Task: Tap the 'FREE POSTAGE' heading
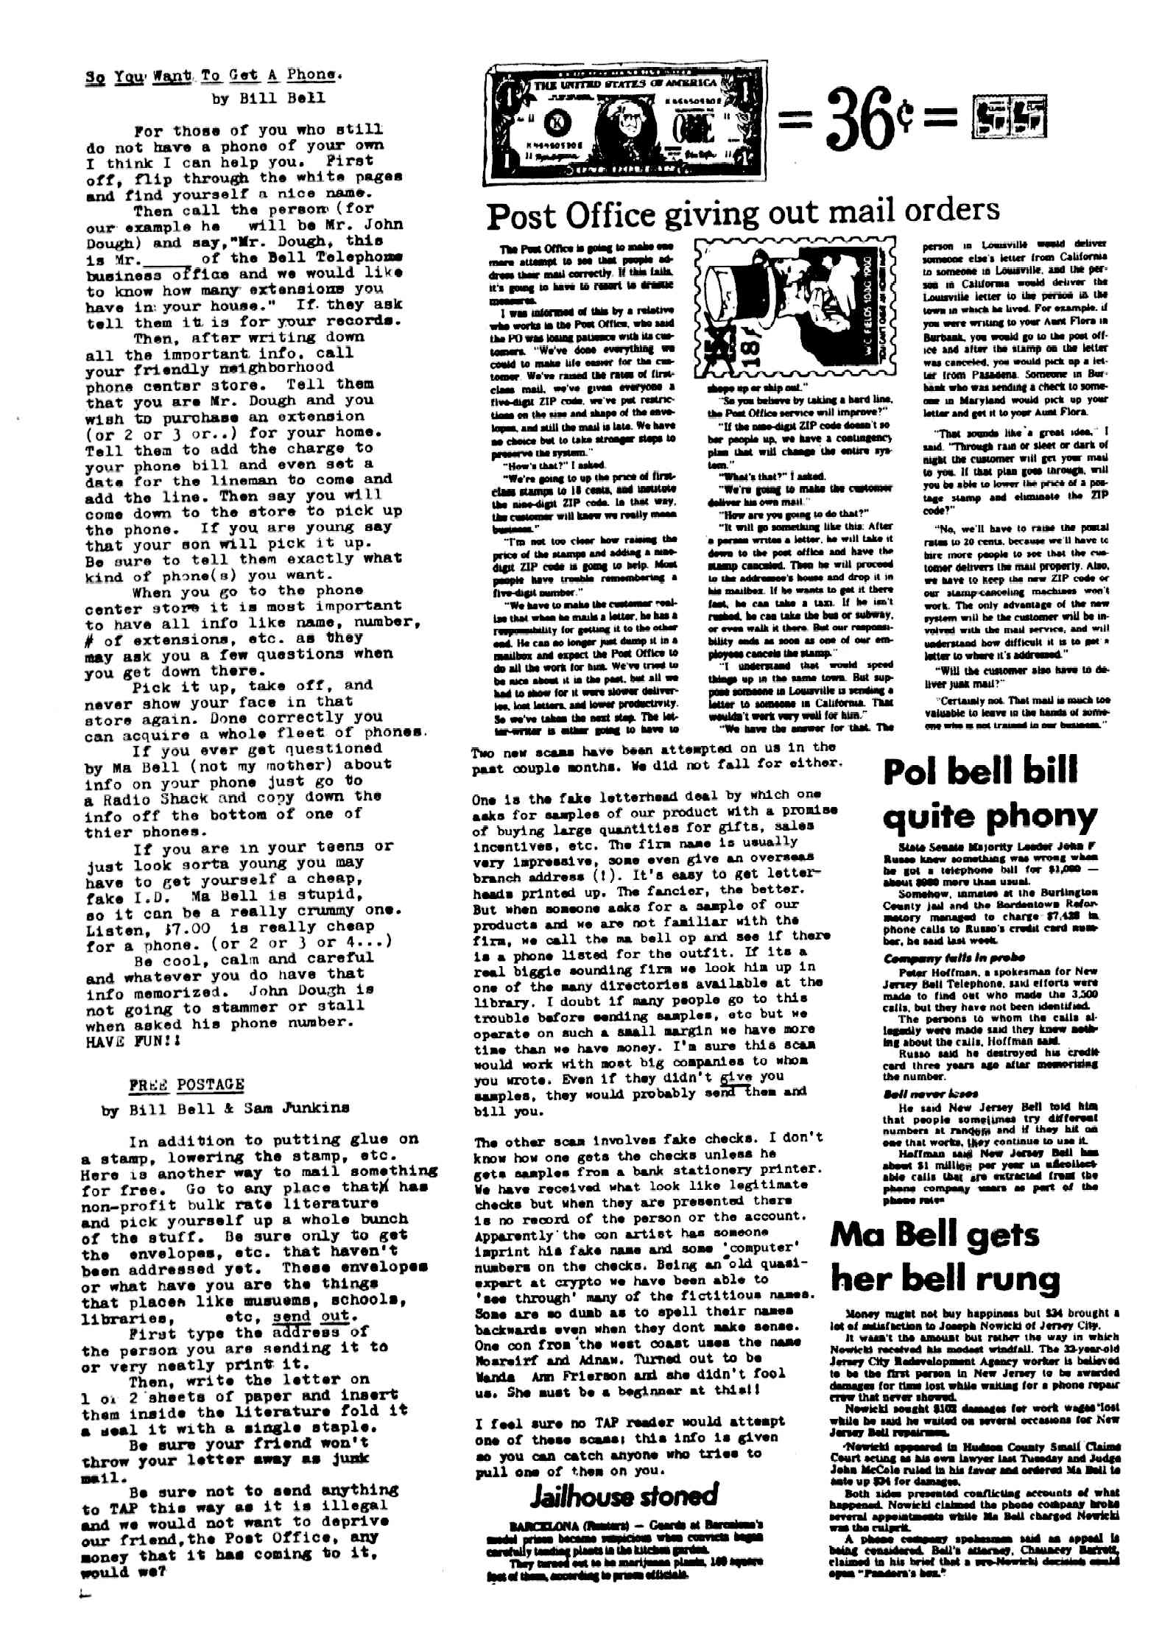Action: [186, 1085]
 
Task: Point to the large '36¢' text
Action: [871, 120]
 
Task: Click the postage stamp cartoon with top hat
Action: [795, 309]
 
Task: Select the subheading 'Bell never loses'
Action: [920, 1094]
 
